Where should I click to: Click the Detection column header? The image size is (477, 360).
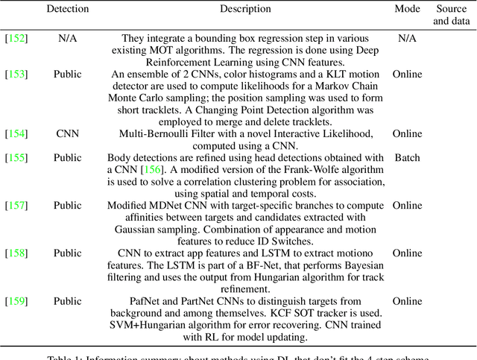[67, 9]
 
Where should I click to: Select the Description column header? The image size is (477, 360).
[245, 9]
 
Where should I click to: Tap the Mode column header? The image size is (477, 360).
[407, 9]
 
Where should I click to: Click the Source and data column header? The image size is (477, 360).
[452, 15]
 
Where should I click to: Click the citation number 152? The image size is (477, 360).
[16, 37]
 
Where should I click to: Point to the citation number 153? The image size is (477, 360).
[16, 74]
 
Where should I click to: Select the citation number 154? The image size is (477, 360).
[16, 133]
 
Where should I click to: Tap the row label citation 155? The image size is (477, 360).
[16, 157]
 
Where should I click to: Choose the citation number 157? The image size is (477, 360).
[16, 205]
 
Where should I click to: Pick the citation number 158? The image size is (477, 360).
[16, 253]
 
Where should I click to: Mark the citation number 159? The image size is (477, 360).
[16, 300]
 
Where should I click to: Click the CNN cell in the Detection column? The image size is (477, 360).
[67, 133]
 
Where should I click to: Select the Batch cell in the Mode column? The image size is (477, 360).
[407, 157]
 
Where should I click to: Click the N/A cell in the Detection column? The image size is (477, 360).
[67, 37]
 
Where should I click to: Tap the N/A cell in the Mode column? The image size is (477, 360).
[407, 37]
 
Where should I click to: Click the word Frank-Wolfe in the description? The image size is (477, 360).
[294, 169]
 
